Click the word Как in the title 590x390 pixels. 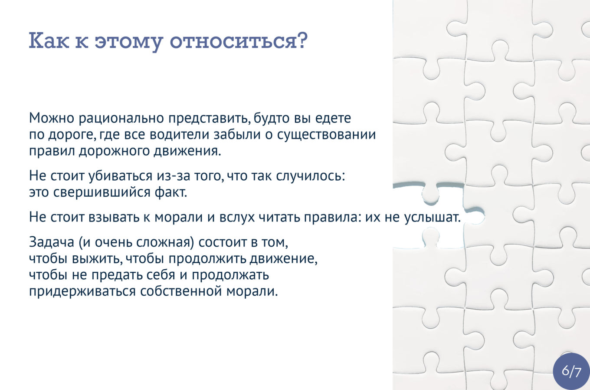[49, 40]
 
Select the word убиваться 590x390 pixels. [120, 175]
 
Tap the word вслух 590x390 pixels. [237, 217]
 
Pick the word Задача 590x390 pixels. [51, 242]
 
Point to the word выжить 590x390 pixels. [97, 259]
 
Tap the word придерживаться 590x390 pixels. [82, 291]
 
